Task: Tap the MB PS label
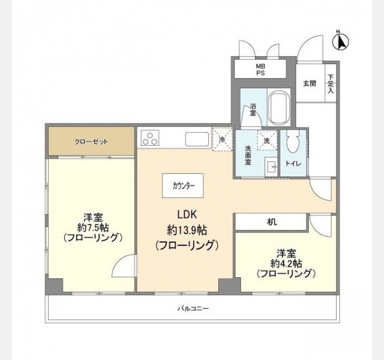(260, 70)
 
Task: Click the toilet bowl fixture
(293, 142)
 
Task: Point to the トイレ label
(293, 163)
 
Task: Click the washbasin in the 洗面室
(271, 167)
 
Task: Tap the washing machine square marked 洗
(267, 140)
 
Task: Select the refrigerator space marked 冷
(222, 139)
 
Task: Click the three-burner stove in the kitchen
(150, 138)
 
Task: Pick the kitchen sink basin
(197, 139)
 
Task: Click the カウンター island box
(182, 185)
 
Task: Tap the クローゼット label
(91, 142)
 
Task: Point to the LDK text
(187, 215)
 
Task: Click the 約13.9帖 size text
(187, 230)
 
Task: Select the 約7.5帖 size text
(93, 228)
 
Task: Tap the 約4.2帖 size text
(286, 263)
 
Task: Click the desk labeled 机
(271, 222)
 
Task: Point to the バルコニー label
(193, 308)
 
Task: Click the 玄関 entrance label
(310, 83)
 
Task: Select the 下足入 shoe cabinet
(331, 83)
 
